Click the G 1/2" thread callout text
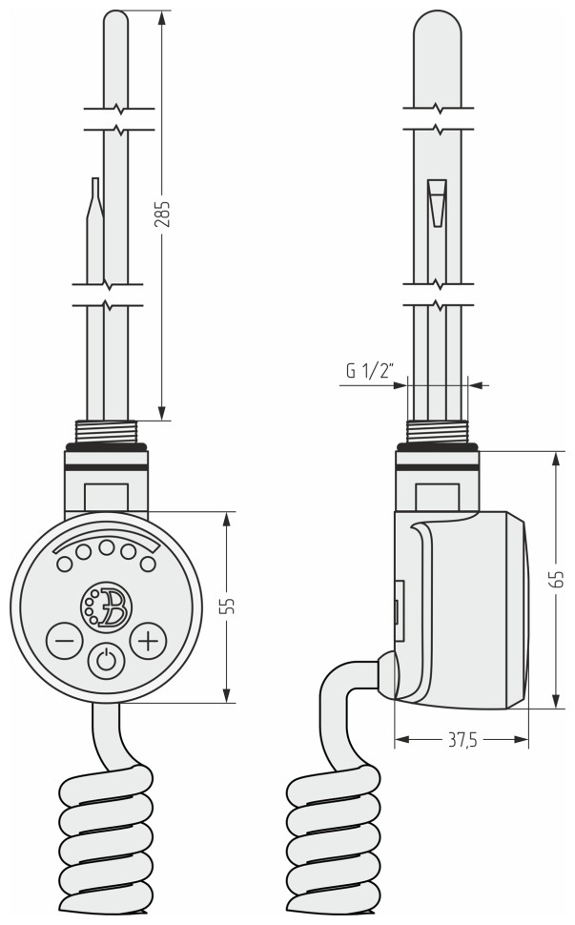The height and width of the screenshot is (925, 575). pyautogui.click(x=370, y=372)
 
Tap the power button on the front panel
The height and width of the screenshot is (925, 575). pyautogui.click(x=106, y=660)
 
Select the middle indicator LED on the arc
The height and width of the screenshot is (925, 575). pyautogui.click(x=106, y=548)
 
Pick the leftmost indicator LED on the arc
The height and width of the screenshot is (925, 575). pyautogui.click(x=65, y=564)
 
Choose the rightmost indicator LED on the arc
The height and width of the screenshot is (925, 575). pyautogui.click(x=147, y=564)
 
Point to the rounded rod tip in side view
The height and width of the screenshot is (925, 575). pyautogui.click(x=437, y=29)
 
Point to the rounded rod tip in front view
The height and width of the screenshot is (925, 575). pyautogui.click(x=114, y=21)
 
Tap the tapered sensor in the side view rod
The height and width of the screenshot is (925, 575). pyautogui.click(x=437, y=202)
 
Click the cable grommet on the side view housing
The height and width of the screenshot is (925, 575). pyautogui.click(x=385, y=672)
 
